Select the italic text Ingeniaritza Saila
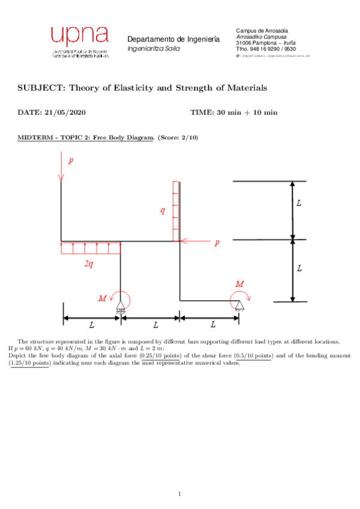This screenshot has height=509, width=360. click(153, 48)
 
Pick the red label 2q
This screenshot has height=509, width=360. click(88, 264)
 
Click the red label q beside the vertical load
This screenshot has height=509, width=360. click(162, 210)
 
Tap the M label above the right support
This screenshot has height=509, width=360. click(240, 283)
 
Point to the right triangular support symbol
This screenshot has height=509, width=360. click(239, 307)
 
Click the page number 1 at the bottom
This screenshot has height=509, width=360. click(179, 493)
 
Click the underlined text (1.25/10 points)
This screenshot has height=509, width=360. click(29, 363)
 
